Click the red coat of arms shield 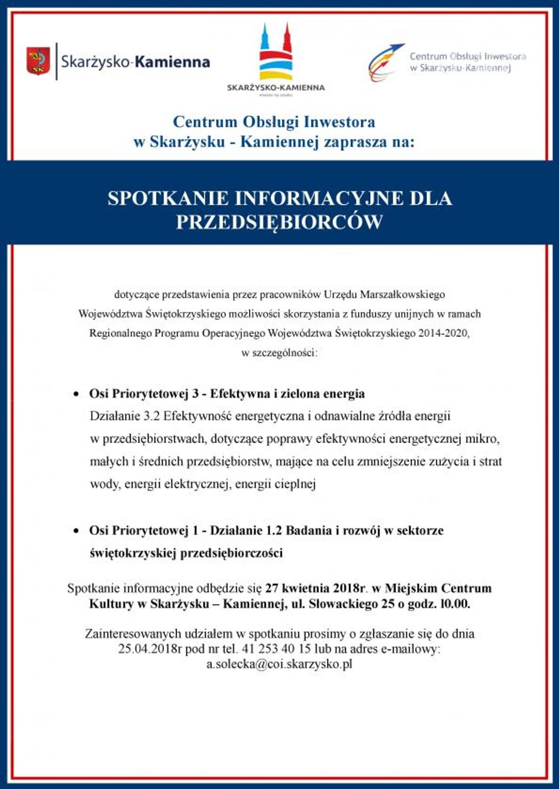38,61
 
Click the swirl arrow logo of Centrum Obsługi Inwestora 385,62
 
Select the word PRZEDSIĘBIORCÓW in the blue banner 279,222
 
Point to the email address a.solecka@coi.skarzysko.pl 279,664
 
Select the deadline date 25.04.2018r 150,649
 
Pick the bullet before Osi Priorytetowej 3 76,394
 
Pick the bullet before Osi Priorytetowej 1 76,531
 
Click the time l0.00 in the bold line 455,604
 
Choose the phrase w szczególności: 279,353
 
